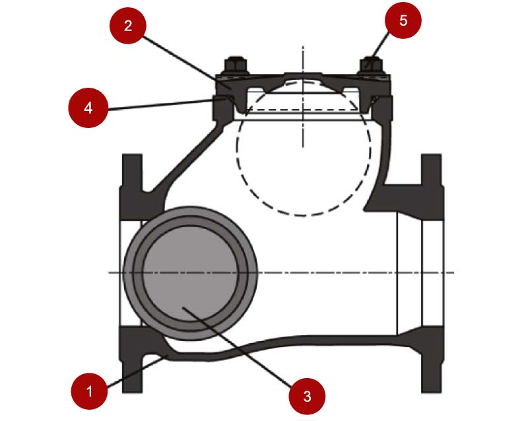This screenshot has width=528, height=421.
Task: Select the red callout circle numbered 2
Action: [x=128, y=26]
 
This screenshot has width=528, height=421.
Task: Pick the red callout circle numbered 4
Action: [x=88, y=107]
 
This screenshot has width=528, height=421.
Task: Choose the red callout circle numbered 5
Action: [x=403, y=20]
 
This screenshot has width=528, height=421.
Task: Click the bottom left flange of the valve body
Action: [x=131, y=360]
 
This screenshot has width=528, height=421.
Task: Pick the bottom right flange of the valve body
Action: [x=432, y=360]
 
